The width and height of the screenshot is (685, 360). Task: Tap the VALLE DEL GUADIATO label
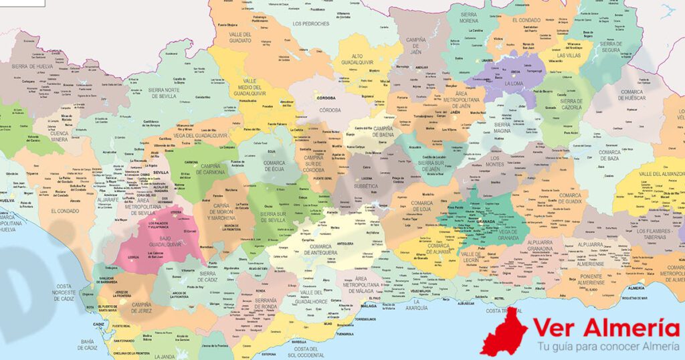239,37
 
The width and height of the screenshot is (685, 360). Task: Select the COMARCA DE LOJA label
422,206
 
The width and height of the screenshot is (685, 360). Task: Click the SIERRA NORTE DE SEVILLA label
163,92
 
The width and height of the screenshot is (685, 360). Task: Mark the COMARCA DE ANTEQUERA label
327,250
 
